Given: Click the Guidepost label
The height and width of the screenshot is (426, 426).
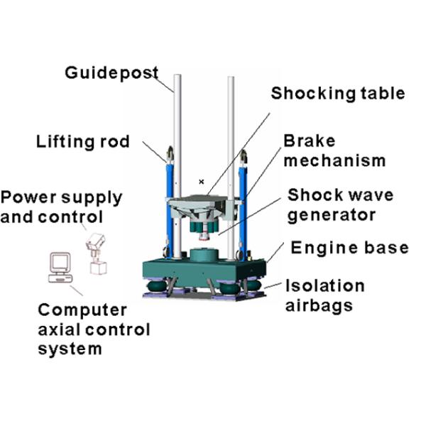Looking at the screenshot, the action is click(x=111, y=73).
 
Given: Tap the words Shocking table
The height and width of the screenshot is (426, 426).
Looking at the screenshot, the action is click(x=338, y=94).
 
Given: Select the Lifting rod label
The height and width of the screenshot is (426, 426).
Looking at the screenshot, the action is click(x=83, y=141).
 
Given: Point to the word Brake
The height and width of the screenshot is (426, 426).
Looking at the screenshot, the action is click(x=309, y=141).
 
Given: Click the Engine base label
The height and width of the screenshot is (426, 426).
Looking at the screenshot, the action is click(x=349, y=248).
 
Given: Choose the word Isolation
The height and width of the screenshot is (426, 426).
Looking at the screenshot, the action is click(x=325, y=285).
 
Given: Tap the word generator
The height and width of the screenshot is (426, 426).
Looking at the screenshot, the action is click(x=332, y=215).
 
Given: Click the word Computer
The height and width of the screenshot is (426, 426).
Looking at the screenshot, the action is click(x=82, y=310).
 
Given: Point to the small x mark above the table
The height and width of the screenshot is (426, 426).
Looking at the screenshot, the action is click(x=202, y=182).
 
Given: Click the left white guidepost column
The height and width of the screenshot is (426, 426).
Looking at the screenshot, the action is click(x=177, y=166).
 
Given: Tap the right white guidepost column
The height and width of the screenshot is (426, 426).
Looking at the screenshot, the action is click(x=231, y=168).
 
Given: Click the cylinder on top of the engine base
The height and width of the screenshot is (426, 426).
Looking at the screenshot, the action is click(x=204, y=255).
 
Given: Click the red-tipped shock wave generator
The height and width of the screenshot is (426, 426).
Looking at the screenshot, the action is click(x=204, y=230).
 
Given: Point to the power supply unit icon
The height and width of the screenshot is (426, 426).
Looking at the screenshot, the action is click(x=97, y=253).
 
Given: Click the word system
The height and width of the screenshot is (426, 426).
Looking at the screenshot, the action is click(x=70, y=349).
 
